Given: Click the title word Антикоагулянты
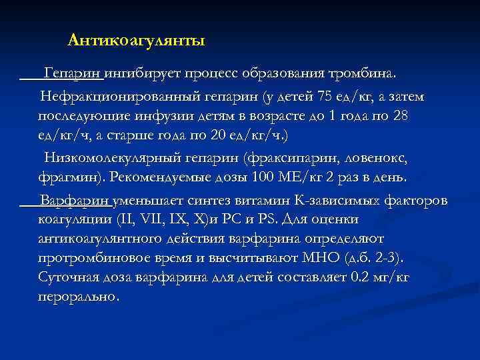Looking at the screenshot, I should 137,41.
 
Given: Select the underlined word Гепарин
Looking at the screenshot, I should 73,72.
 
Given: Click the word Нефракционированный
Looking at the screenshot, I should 120,98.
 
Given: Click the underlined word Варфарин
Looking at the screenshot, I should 76,201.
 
